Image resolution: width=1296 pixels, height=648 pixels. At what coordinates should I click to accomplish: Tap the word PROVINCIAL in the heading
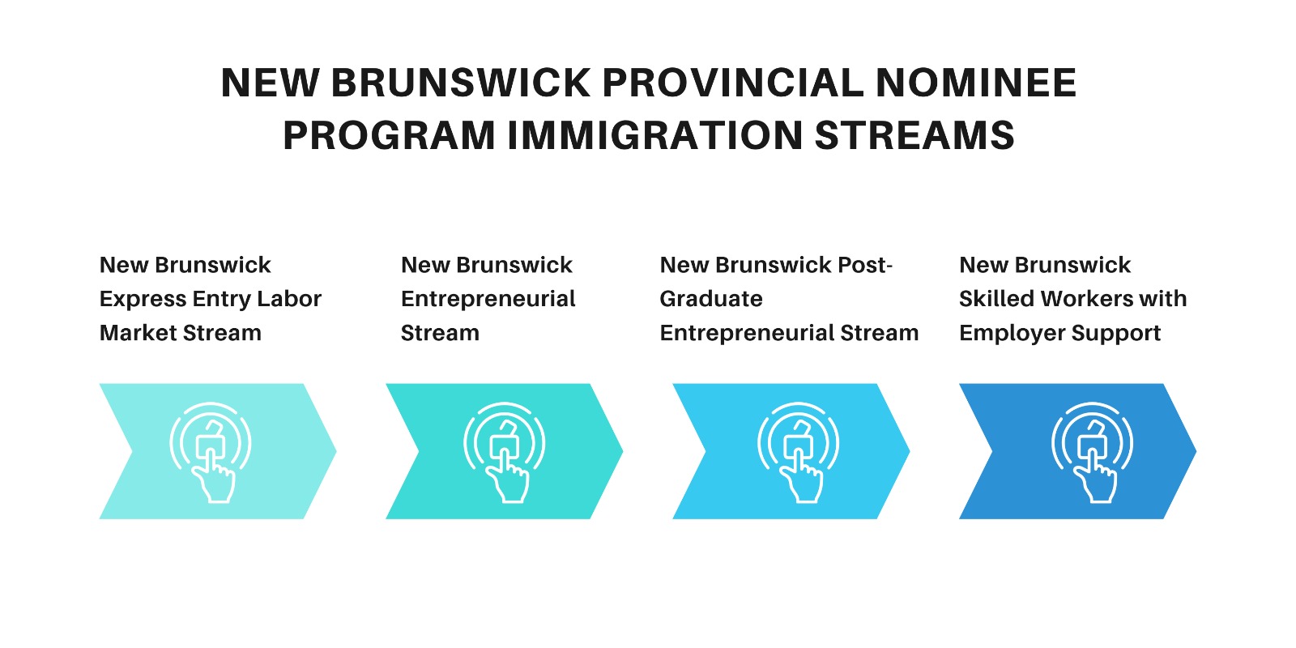click(x=733, y=83)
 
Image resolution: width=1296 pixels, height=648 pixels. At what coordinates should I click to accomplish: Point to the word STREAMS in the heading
click(x=914, y=135)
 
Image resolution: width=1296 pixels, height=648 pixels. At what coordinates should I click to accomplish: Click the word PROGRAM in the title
click(x=389, y=135)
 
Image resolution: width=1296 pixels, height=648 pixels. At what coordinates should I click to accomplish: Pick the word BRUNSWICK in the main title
click(x=461, y=83)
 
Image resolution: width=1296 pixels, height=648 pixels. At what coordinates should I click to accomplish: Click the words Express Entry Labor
click(x=210, y=300)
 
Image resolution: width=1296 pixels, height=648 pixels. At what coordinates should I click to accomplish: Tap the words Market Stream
click(x=181, y=333)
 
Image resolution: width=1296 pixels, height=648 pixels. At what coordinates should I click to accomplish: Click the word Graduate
click(x=711, y=299)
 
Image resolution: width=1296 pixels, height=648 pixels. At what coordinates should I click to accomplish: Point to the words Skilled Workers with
click(x=1072, y=299)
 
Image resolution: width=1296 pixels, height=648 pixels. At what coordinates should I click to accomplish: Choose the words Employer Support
click(x=1060, y=334)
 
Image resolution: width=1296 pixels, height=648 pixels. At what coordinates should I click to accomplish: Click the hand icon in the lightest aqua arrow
click(x=211, y=453)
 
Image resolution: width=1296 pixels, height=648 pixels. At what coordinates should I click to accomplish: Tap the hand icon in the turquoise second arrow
click(x=505, y=453)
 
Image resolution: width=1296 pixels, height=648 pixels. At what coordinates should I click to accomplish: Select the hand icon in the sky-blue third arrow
click(x=799, y=453)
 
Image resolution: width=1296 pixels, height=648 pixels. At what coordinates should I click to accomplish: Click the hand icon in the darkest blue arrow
click(x=1093, y=453)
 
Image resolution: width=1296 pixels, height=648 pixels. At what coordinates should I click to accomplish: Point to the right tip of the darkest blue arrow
click(x=1196, y=451)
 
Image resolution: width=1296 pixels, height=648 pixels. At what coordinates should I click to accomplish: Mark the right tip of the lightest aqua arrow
click(x=336, y=451)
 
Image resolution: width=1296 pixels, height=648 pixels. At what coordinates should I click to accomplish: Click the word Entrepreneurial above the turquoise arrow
click(x=488, y=300)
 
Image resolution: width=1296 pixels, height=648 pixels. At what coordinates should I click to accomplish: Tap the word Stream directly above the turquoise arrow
click(x=440, y=333)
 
